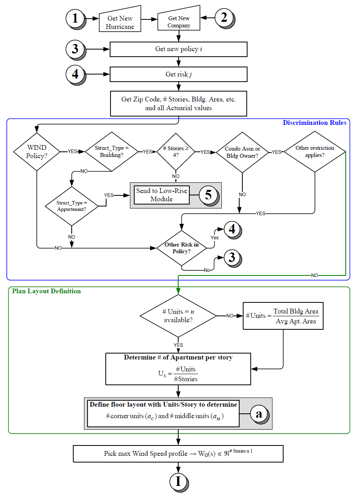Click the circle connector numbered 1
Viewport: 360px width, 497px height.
click(x=75, y=18)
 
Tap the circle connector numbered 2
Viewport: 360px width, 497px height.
click(x=224, y=17)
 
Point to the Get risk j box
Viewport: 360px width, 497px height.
click(x=178, y=74)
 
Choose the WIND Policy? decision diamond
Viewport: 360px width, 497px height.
click(x=36, y=151)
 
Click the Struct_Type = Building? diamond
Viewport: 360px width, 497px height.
click(x=112, y=151)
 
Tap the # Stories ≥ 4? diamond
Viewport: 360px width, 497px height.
click(x=176, y=152)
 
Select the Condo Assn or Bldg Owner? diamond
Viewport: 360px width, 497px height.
click(x=242, y=152)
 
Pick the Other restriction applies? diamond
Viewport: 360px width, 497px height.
click(x=315, y=151)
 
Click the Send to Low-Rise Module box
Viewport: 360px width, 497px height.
click(x=162, y=195)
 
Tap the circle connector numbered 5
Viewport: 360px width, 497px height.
click(x=208, y=195)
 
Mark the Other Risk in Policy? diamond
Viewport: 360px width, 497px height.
click(x=182, y=248)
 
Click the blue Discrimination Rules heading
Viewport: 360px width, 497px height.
click(x=314, y=123)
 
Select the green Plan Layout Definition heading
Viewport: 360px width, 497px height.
click(x=46, y=291)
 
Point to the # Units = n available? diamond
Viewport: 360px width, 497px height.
click(x=178, y=316)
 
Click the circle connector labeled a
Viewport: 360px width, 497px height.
click(x=259, y=414)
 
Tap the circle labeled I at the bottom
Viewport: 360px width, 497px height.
click(x=178, y=481)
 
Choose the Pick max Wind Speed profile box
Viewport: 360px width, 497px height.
click(x=178, y=453)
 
